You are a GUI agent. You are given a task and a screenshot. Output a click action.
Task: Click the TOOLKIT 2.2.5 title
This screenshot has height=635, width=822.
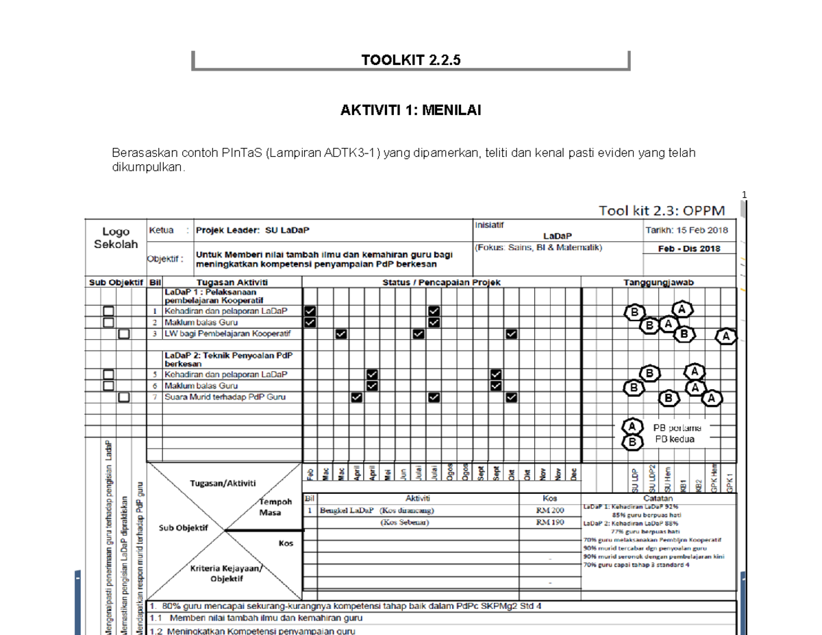coord(411,60)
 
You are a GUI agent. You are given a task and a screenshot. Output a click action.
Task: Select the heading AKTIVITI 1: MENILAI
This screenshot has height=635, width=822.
coord(411,112)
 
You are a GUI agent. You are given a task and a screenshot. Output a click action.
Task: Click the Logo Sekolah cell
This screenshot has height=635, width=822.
coord(115,238)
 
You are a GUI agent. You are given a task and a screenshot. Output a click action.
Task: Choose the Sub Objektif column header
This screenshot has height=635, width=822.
coord(115,282)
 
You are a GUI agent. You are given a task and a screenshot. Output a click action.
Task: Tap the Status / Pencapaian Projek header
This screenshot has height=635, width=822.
coord(442,282)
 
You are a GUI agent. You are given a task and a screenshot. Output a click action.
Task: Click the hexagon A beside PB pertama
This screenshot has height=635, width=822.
coord(634,427)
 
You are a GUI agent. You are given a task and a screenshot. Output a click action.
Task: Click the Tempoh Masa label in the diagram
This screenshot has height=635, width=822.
coord(275,506)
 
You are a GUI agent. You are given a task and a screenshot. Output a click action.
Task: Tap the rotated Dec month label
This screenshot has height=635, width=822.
coord(574,473)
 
